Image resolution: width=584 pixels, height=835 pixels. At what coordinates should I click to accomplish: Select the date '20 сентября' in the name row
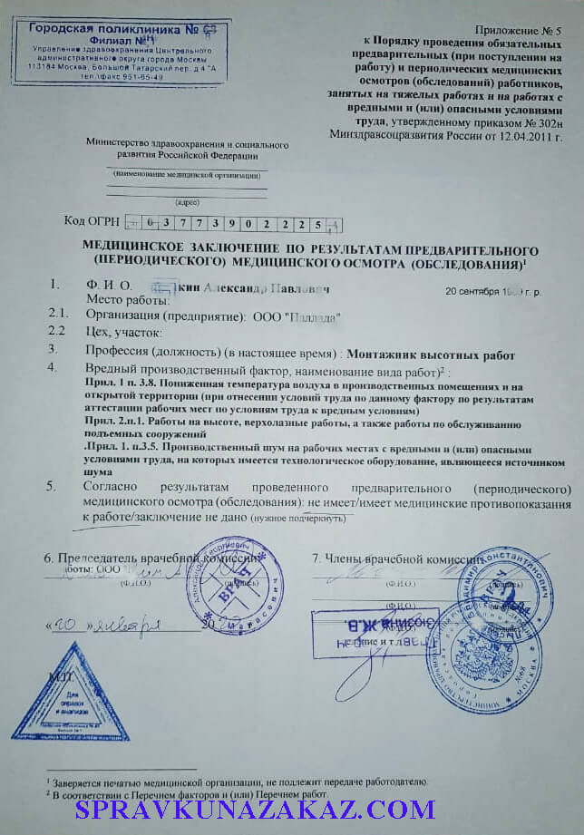pyautogui.click(x=477, y=293)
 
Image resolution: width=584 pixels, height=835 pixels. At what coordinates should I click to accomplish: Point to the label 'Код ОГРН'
pyautogui.click(x=91, y=221)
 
